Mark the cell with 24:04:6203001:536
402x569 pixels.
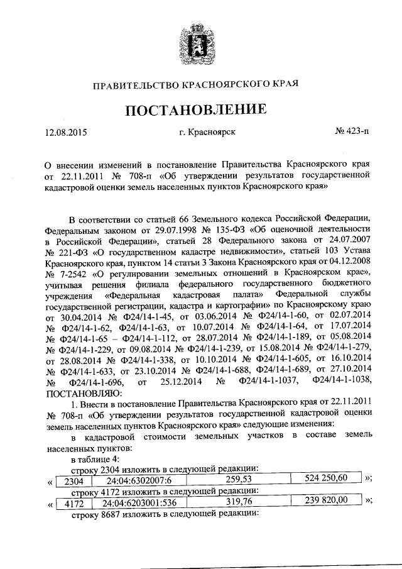click(x=143, y=504)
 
